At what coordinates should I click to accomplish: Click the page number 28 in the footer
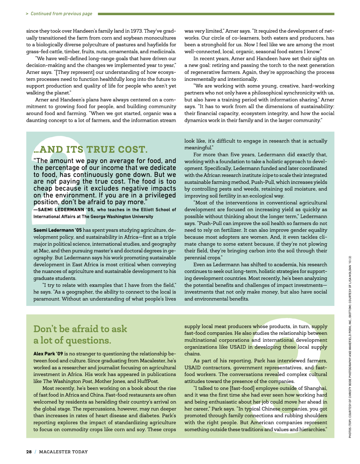click(x=29, y=452)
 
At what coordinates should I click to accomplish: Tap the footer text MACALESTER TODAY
click(x=63, y=452)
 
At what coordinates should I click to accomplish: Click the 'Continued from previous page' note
click(x=61, y=14)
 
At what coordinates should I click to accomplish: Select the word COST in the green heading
click(x=133, y=150)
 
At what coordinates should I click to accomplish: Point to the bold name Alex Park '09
click(x=48, y=354)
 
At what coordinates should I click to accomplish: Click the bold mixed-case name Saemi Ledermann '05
click(x=57, y=230)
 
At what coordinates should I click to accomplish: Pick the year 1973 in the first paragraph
click(x=136, y=31)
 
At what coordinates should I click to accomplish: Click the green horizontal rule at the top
click(x=216, y=14)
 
